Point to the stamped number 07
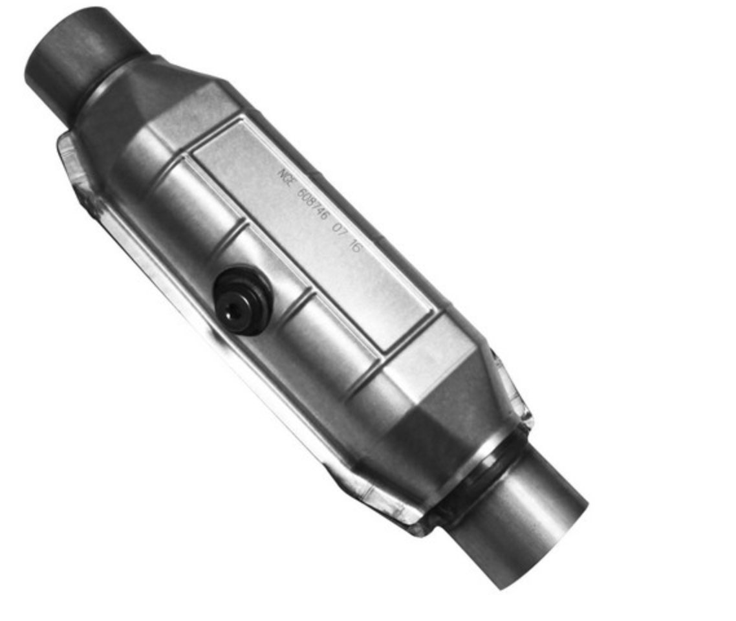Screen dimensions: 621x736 tap(338, 230)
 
